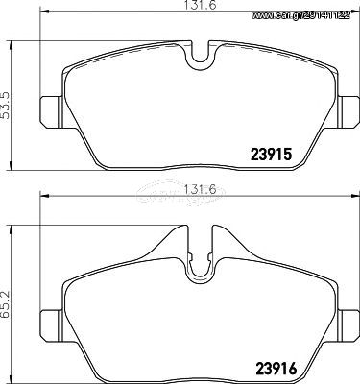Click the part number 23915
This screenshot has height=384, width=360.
click(x=271, y=155)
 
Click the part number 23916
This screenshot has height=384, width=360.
click(x=276, y=369)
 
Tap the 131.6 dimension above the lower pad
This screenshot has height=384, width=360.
click(x=200, y=189)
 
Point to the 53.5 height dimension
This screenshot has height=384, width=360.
click(x=6, y=106)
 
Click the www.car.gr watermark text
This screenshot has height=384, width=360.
click(x=300, y=15)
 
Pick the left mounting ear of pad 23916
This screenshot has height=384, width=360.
click(x=50, y=326)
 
